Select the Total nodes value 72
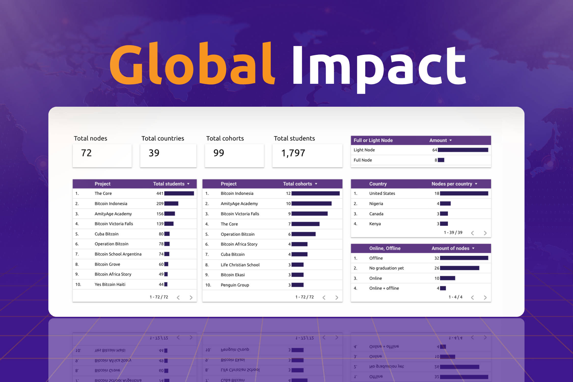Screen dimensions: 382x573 [86, 153]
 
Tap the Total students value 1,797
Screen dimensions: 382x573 [293, 153]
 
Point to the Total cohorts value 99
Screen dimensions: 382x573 [219, 153]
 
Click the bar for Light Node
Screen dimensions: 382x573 [463, 150]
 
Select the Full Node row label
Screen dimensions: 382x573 [363, 160]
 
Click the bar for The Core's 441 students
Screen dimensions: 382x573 [179, 194]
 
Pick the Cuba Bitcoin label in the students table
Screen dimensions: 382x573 [106, 234]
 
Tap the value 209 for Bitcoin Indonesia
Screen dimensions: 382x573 [160, 204]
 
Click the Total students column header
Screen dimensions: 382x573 [169, 184]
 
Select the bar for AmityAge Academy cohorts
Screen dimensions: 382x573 [311, 204]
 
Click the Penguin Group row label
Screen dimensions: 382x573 [235, 285]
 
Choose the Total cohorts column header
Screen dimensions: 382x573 [297, 184]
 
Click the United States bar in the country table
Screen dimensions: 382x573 [464, 194]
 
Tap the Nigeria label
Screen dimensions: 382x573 [376, 204]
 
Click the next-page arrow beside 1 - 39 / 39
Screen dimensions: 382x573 [485, 233]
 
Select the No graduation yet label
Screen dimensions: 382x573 [386, 268]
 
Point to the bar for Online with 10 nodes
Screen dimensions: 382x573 [447, 278]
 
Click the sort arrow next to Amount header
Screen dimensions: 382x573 [451, 141]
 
